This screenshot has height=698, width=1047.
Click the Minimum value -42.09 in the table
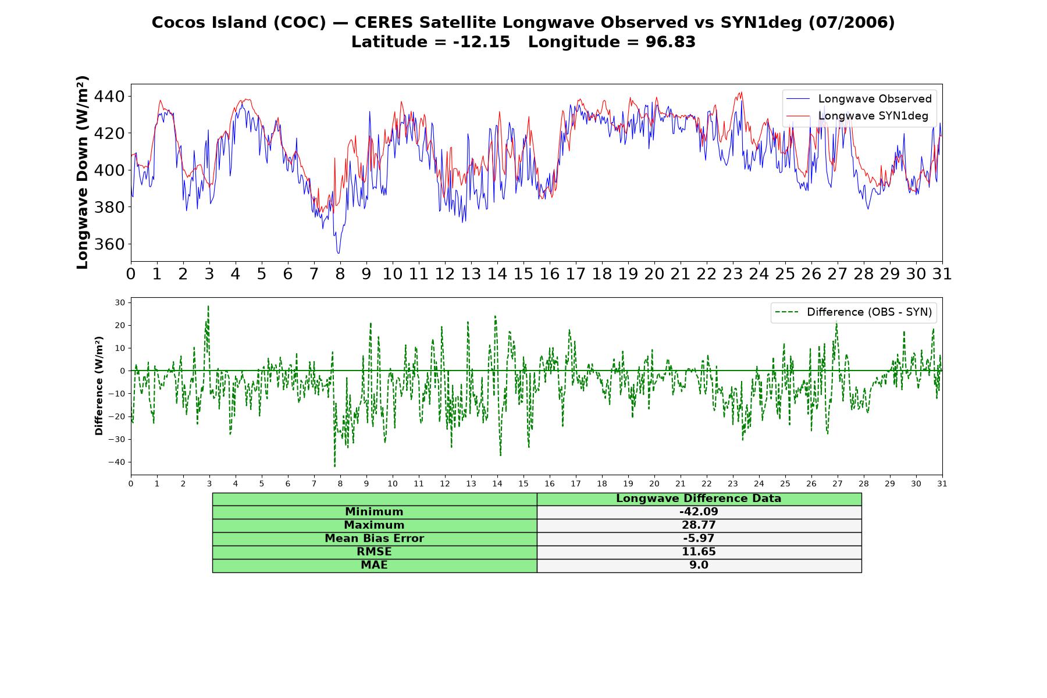[x=699, y=512]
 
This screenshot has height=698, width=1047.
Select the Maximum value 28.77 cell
[x=699, y=525]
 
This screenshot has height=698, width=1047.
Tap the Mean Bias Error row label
[x=374, y=539]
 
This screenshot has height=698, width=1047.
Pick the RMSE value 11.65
[x=699, y=552]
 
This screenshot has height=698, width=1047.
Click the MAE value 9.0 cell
[x=699, y=565]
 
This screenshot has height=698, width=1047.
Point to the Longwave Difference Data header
[x=699, y=498]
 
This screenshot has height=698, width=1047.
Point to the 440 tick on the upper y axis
[x=110, y=97]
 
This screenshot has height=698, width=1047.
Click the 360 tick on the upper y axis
[x=110, y=244]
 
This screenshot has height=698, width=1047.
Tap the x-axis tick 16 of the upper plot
[x=550, y=274]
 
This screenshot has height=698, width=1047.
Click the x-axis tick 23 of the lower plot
[x=733, y=483]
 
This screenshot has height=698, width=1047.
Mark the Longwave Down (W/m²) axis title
[x=83, y=172]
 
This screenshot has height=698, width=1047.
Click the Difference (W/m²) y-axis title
[x=99, y=386]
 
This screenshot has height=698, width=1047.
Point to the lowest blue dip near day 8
[x=339, y=253]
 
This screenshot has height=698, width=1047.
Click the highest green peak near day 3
[x=208, y=306]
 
